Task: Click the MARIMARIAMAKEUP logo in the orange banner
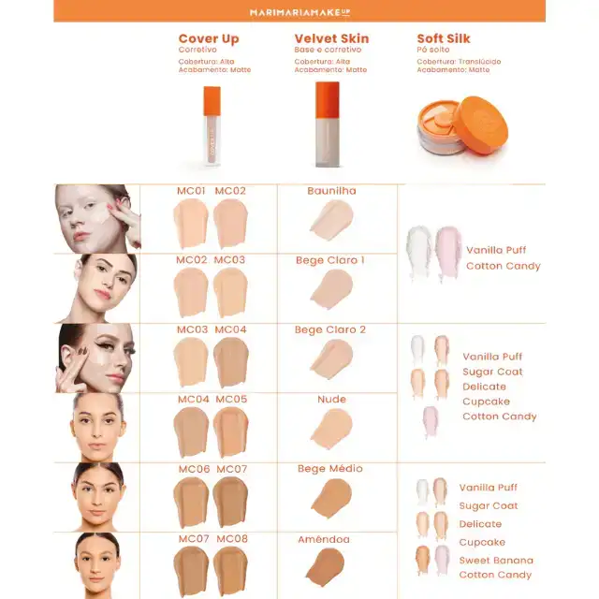[x=299, y=12]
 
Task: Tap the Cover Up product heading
[x=209, y=39]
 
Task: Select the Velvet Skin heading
[x=331, y=38]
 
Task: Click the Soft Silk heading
[x=443, y=38]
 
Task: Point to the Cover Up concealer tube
[x=212, y=126]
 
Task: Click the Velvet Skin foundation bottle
[x=328, y=124]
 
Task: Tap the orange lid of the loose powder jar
[x=482, y=124]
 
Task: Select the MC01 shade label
[x=191, y=191]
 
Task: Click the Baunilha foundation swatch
[x=331, y=221]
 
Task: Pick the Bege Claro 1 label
[x=330, y=260]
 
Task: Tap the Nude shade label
[x=331, y=400]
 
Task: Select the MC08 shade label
[x=232, y=539]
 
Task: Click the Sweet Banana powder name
[x=496, y=561]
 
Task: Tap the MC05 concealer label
[x=231, y=400]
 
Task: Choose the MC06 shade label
[x=194, y=469]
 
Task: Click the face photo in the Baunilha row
[x=97, y=218]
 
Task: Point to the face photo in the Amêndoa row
[x=97, y=565]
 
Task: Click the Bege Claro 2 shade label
[x=330, y=329]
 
